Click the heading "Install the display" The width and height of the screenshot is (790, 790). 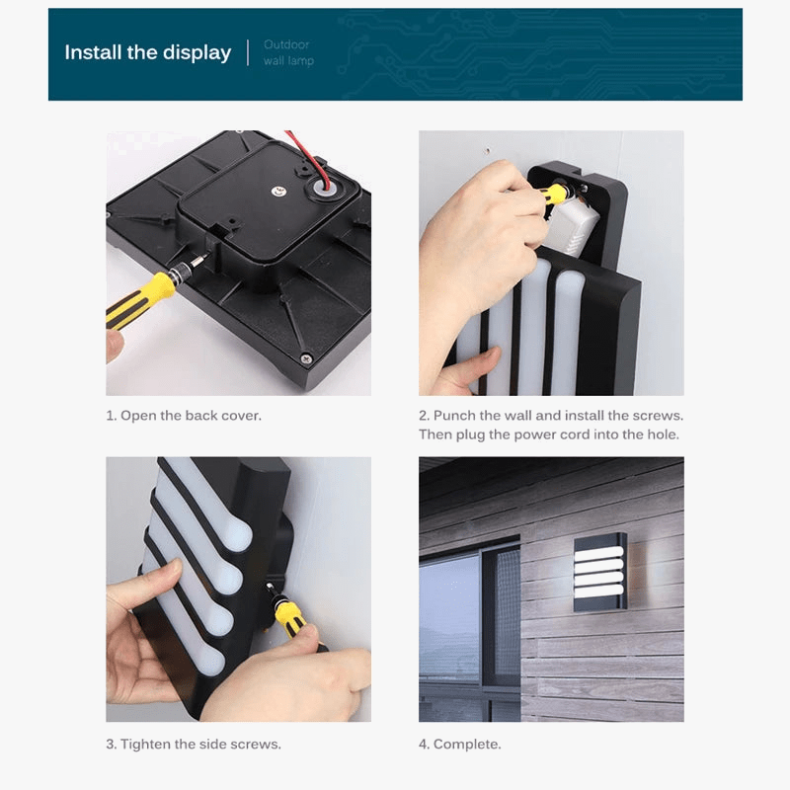point(147,52)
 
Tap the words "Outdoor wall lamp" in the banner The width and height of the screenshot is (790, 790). point(287,52)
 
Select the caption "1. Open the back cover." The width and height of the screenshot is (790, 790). point(184,416)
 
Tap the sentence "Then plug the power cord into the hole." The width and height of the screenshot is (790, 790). point(548,434)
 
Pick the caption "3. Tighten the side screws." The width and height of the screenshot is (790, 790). point(194,744)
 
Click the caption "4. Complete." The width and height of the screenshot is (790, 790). point(459,744)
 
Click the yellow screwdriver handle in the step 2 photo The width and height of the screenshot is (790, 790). point(555,195)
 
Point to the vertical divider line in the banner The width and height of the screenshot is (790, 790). point(246,52)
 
